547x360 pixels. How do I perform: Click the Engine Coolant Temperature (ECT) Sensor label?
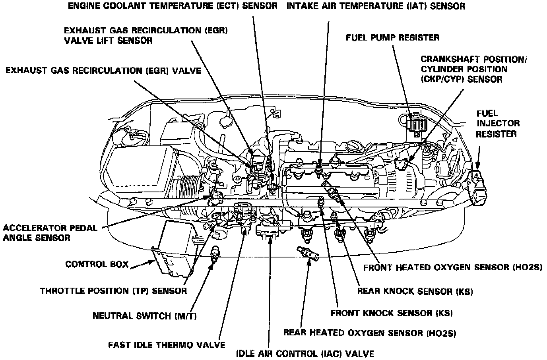tap(173, 6)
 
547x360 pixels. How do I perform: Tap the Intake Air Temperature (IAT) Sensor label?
tap(375, 6)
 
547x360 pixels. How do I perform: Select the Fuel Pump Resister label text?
tap(392, 38)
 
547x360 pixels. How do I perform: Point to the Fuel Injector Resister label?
tap(497, 124)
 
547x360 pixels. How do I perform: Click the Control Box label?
tap(97, 264)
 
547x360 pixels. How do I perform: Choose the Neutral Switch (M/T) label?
tap(145, 316)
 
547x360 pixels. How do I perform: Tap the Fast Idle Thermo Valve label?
tap(167, 345)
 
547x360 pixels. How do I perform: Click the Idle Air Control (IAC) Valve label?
tap(305, 353)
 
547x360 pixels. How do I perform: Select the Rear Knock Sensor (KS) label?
tap(415, 291)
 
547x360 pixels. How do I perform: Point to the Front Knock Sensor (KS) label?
tap(392, 313)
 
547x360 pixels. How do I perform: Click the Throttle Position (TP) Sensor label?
tap(113, 291)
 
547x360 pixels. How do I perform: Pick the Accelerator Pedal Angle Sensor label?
tap(50, 233)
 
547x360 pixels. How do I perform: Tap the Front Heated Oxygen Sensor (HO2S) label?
tap(453, 267)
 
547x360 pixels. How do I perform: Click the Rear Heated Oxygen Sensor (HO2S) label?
tap(369, 332)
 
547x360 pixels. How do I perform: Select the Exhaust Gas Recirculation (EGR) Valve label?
tap(103, 71)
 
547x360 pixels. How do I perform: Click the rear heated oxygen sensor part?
tap(306, 254)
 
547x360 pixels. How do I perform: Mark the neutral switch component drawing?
tap(215, 253)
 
